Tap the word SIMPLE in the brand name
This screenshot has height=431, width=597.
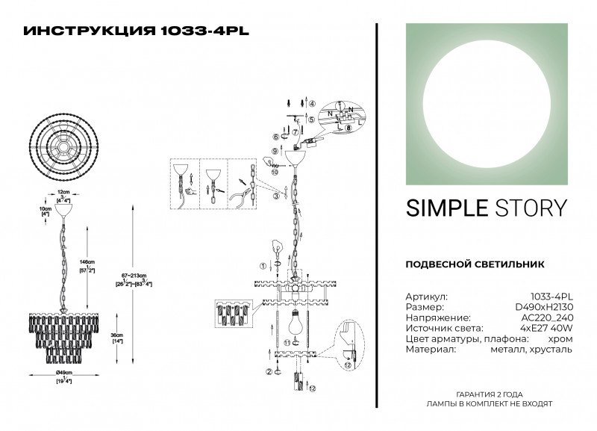[x=441, y=208]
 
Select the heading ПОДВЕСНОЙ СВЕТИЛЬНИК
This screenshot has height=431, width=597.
[x=475, y=264]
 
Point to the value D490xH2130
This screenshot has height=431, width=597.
[x=544, y=307]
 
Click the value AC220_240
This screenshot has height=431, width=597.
[x=548, y=317]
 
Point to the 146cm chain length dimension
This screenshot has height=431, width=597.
[x=87, y=264]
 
